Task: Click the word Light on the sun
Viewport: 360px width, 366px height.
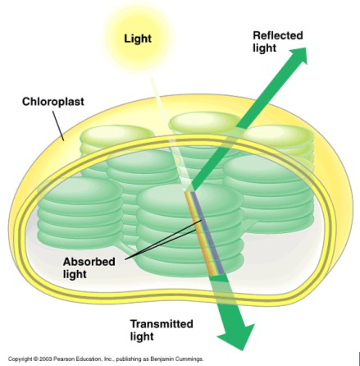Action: pos(138,39)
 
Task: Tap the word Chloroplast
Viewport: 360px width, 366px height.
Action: pos(53,102)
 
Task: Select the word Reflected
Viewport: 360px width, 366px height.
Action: pos(278,35)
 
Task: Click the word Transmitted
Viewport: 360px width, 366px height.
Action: pos(162,324)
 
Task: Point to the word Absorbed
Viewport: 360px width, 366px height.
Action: pos(89,262)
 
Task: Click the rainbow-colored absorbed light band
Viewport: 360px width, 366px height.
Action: pos(204,233)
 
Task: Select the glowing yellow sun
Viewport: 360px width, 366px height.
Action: pos(138,39)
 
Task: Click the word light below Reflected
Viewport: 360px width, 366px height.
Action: pos(264,48)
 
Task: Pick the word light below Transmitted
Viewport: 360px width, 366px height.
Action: pos(142,336)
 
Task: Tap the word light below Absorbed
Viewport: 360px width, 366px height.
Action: pos(75,274)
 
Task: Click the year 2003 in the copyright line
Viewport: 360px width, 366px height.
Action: pos(45,359)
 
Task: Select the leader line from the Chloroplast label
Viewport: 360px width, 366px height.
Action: pos(58,126)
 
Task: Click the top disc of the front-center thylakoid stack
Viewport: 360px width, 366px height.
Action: pos(189,199)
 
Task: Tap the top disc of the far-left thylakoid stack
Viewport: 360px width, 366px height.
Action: pos(80,191)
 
